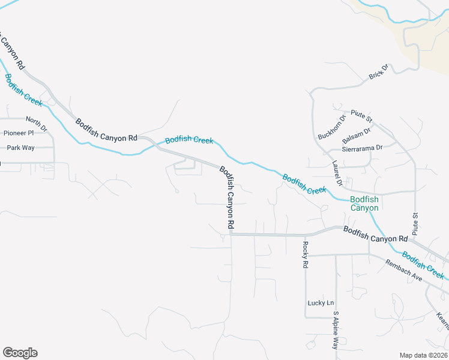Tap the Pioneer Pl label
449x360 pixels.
(x=19, y=133)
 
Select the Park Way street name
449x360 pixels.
(x=20, y=148)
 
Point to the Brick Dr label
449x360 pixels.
(x=379, y=71)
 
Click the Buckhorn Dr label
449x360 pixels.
(x=332, y=127)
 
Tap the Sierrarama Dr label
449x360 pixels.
(x=361, y=148)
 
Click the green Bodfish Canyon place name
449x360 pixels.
(x=364, y=203)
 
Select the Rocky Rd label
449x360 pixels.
(x=306, y=254)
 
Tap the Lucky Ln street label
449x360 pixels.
(x=320, y=303)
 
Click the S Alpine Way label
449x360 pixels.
(x=336, y=331)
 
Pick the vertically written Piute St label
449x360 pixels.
(x=415, y=223)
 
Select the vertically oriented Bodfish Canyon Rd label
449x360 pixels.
(x=226, y=197)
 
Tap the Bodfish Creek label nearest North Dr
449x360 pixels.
(x=23, y=89)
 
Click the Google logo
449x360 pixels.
(x=20, y=353)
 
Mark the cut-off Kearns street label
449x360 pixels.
(x=442, y=321)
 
